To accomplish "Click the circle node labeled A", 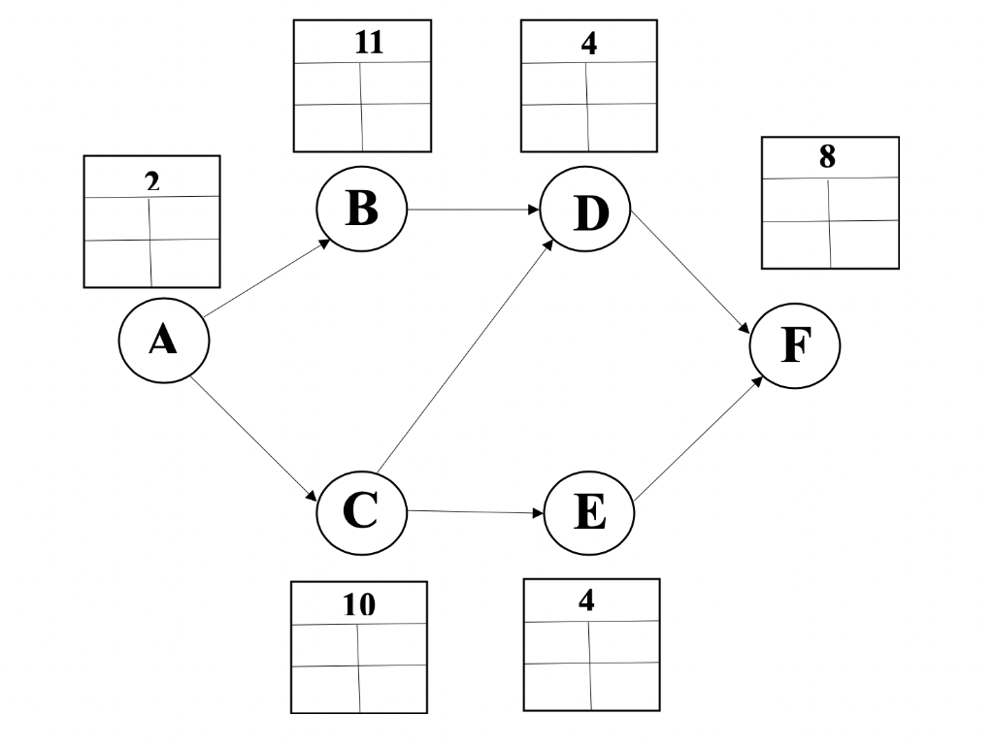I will pos(162,341).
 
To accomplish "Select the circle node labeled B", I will pos(361,209).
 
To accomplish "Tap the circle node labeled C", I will pos(361,511).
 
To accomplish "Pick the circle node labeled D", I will pos(586,212).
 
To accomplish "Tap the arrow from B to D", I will pos(474,210).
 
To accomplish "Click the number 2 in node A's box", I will pos(150,179).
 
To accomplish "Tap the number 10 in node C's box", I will pos(358,606).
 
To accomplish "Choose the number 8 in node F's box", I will pos(827,157).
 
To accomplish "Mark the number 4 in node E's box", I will pos(585,600).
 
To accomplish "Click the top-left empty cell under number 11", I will pos(327,83).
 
